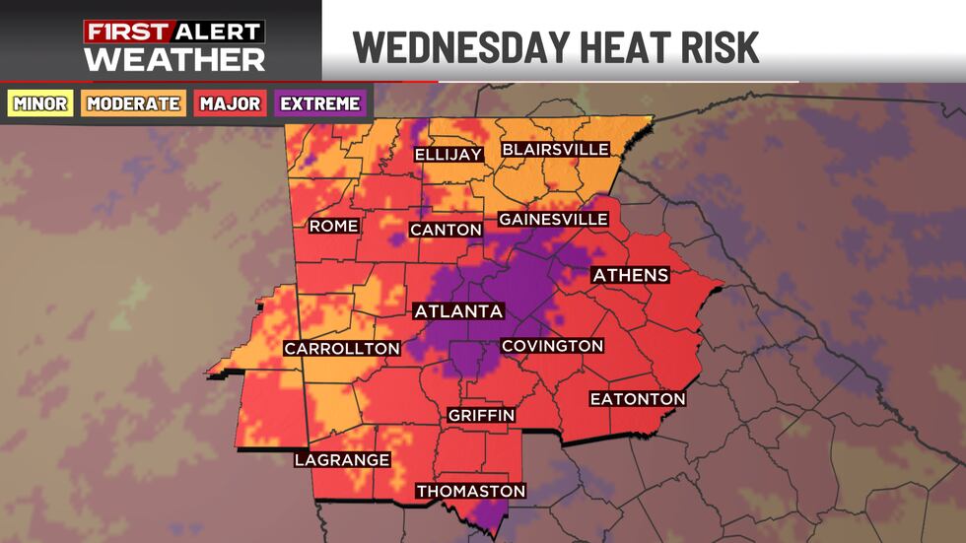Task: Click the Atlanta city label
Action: coord(458,311)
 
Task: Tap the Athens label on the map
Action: coord(631,275)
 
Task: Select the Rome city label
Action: coord(333,226)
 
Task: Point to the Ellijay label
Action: coord(448,155)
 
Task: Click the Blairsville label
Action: coord(556,150)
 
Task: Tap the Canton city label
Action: coord(447,230)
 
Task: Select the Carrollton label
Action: coord(342,348)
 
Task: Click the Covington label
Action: coord(552,346)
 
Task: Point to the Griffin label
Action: coord(481,415)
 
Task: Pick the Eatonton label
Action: coord(637,398)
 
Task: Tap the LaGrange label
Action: coord(342,459)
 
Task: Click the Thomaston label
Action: coord(470,491)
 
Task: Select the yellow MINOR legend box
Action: coord(40,103)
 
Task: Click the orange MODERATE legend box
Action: coord(133,103)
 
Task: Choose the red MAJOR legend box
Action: coord(232,103)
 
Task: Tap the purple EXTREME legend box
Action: coord(319,103)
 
